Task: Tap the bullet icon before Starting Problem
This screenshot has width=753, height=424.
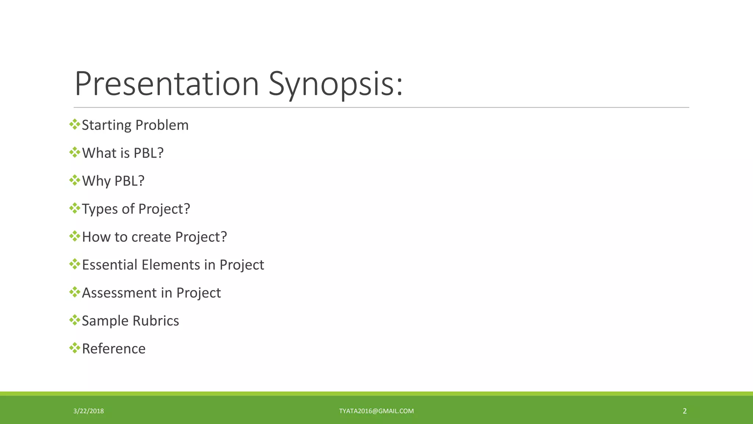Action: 75,124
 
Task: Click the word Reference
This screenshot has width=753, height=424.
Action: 114,349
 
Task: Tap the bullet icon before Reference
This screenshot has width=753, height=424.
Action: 75,348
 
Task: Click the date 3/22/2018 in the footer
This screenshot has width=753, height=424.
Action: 89,411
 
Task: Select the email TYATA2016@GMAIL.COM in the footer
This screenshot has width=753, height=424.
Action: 376,411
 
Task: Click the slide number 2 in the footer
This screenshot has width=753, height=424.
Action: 685,411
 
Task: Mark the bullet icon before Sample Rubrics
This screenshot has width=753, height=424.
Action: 75,320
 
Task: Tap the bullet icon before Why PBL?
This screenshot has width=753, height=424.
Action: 75,180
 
